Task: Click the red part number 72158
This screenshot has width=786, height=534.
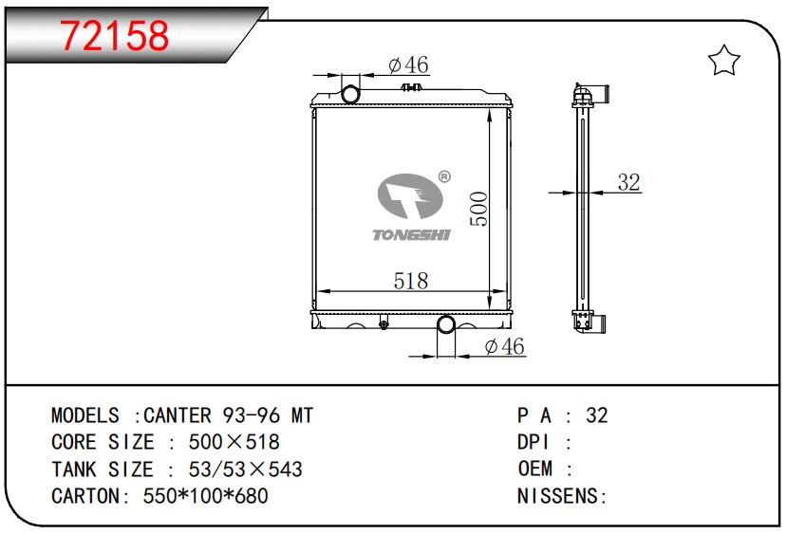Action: [114, 35]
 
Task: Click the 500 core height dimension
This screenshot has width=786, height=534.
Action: [478, 209]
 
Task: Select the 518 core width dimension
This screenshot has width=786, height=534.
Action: [411, 281]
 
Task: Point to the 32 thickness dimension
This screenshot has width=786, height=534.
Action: [628, 182]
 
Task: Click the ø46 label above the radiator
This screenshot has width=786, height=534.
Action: [408, 64]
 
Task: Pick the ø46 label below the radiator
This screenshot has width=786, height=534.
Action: [504, 346]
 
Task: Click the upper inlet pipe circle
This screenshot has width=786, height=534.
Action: [351, 94]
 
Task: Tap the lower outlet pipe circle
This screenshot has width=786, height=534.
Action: [446, 324]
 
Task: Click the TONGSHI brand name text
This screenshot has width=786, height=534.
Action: [412, 234]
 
